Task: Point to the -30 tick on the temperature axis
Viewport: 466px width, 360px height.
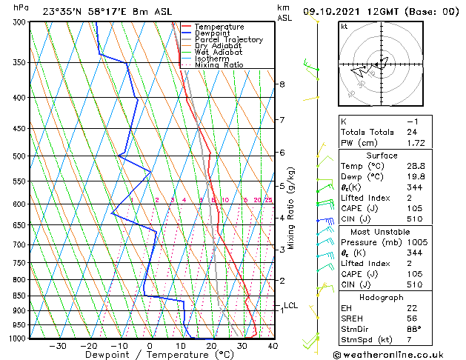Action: pos(58,345)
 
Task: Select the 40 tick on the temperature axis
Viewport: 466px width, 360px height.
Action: pos(273,345)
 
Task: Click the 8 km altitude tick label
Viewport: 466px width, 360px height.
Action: pos(282,84)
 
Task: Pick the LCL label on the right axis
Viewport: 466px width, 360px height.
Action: pos(290,305)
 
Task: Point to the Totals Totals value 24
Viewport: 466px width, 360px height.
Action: pos(413,131)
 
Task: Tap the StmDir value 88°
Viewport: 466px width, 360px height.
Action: pos(415,329)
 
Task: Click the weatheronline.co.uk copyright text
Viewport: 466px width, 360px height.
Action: pos(398,354)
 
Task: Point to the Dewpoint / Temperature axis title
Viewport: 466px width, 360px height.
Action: pos(150,355)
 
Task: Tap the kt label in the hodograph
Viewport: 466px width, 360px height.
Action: pos(344,27)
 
